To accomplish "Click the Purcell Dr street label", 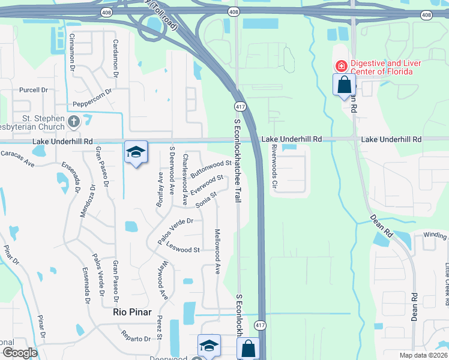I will click(x=33, y=90).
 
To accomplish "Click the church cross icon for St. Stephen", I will click(x=74, y=122).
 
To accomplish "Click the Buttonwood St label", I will click(x=212, y=167).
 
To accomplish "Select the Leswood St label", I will click(x=182, y=248).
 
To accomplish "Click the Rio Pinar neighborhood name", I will click(x=133, y=312).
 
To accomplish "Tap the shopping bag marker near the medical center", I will click(x=345, y=84).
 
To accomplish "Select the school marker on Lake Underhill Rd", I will click(x=136, y=152).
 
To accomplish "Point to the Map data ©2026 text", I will click(x=423, y=355).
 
